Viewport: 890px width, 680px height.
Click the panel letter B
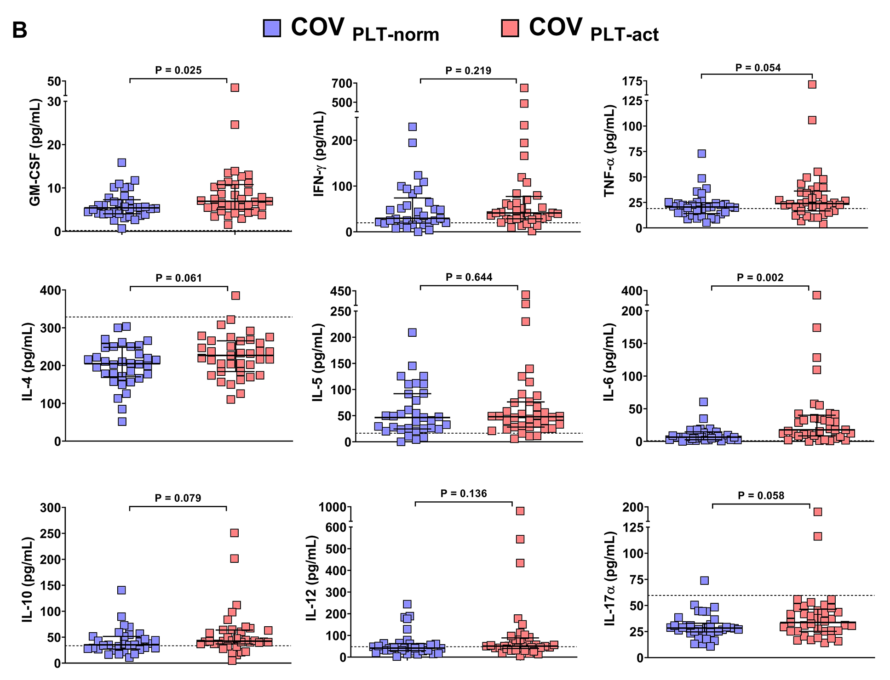[20, 31]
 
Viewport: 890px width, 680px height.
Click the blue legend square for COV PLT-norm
[272, 28]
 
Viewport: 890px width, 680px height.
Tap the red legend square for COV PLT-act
[510, 28]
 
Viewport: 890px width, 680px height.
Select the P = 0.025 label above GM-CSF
[178, 70]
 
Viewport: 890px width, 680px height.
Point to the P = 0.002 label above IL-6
[760, 278]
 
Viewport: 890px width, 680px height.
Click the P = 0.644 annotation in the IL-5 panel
[469, 278]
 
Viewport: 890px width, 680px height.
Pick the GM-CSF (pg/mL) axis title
[35, 152]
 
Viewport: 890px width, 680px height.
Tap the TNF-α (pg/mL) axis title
[610, 151]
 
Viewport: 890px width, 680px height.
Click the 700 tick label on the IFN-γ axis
[342, 84]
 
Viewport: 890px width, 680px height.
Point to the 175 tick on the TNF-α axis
[632, 81]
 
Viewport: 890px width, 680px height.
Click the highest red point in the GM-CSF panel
[235, 88]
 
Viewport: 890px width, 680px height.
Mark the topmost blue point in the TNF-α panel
[701, 153]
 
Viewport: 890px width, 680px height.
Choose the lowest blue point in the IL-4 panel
[122, 421]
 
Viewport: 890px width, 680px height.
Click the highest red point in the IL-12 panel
[520, 511]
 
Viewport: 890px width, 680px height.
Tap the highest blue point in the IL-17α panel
[704, 580]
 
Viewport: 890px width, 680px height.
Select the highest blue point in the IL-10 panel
[121, 590]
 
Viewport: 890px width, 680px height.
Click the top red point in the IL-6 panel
[816, 295]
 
